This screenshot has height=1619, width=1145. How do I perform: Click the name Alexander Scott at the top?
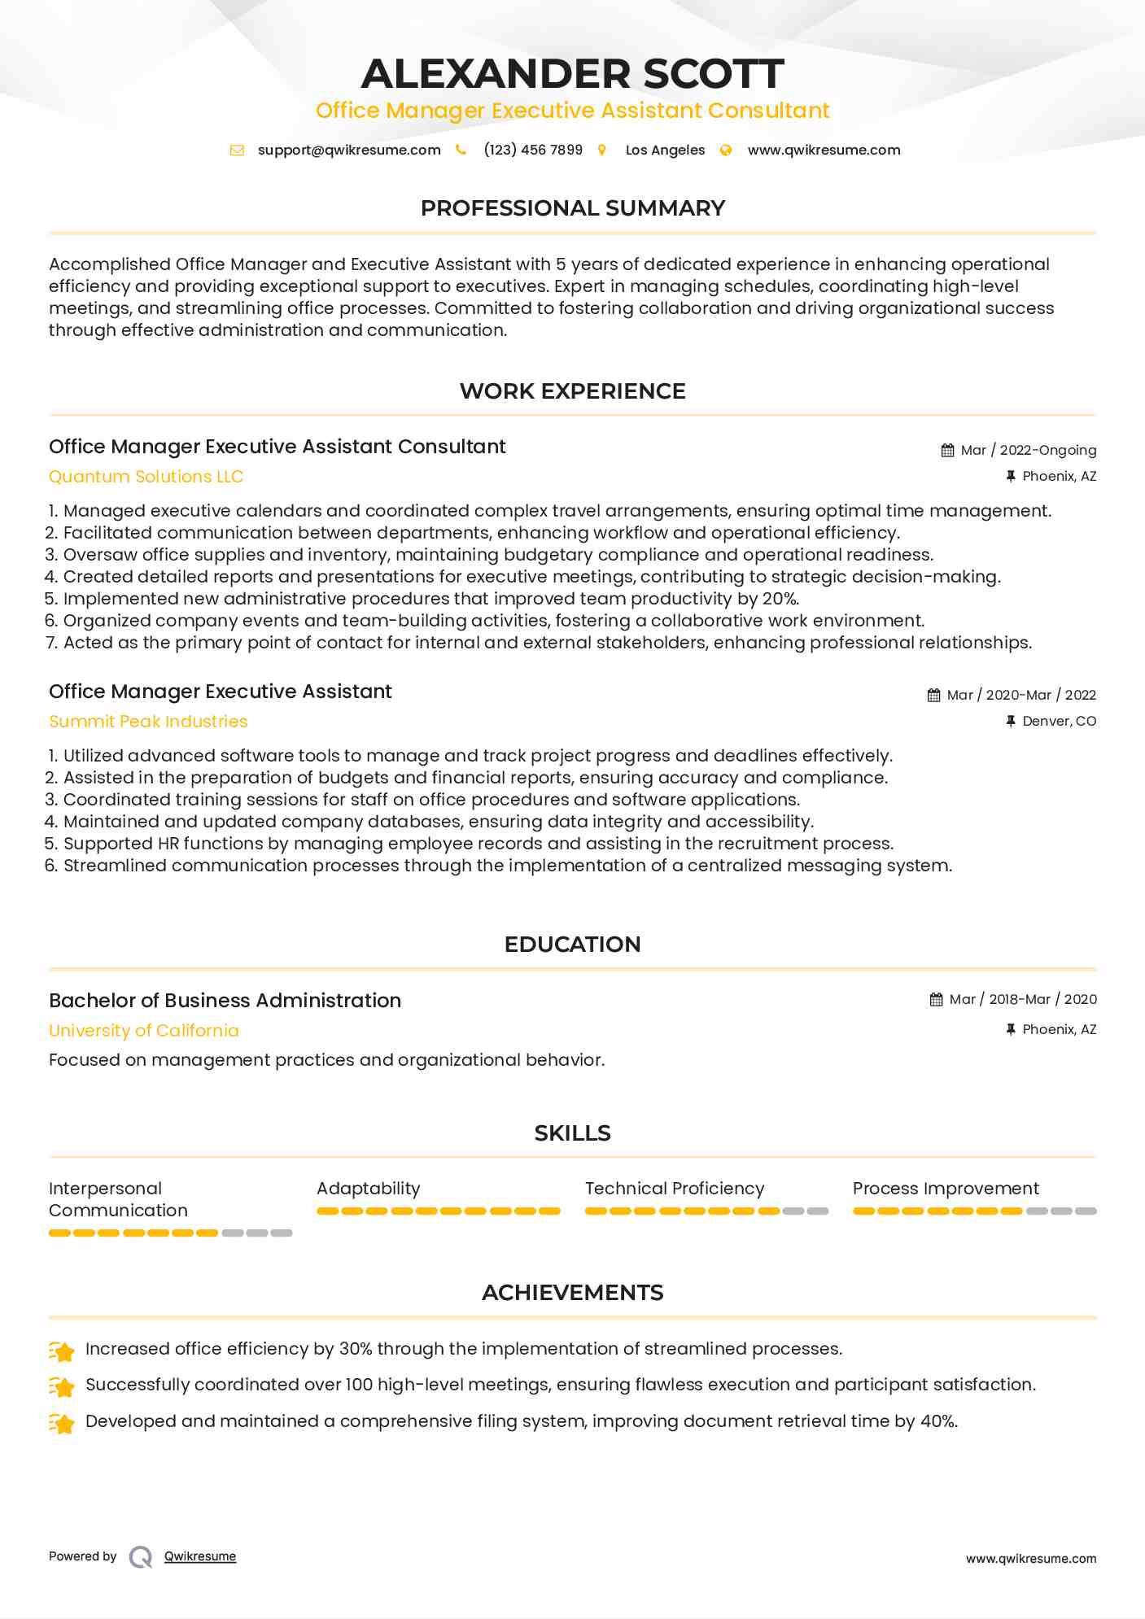(572, 73)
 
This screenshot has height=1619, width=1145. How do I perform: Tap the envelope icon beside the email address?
(237, 151)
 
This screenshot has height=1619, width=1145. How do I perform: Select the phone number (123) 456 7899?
(533, 151)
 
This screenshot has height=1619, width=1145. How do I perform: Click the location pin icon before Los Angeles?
(602, 151)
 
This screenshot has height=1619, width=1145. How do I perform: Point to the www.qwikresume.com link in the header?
(824, 151)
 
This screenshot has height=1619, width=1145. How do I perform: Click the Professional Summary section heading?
(572, 208)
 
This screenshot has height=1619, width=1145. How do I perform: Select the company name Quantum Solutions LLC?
(146, 477)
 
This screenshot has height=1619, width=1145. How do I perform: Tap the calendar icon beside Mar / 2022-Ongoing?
(947, 451)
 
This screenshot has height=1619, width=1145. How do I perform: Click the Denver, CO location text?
(1059, 722)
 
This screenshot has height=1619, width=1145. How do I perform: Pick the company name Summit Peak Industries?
(148, 722)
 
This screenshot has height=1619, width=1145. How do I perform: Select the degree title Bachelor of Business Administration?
(225, 1001)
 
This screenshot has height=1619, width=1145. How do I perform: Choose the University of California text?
(144, 1031)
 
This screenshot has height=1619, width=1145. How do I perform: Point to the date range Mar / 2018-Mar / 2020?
(1023, 1000)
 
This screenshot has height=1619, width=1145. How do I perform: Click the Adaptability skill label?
(368, 1189)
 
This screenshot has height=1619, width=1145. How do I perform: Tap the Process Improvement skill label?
(946, 1189)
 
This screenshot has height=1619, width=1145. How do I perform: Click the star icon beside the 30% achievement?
(62, 1351)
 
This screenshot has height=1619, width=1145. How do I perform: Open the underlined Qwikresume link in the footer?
(200, 1556)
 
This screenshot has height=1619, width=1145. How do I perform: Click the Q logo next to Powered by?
(141, 1557)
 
